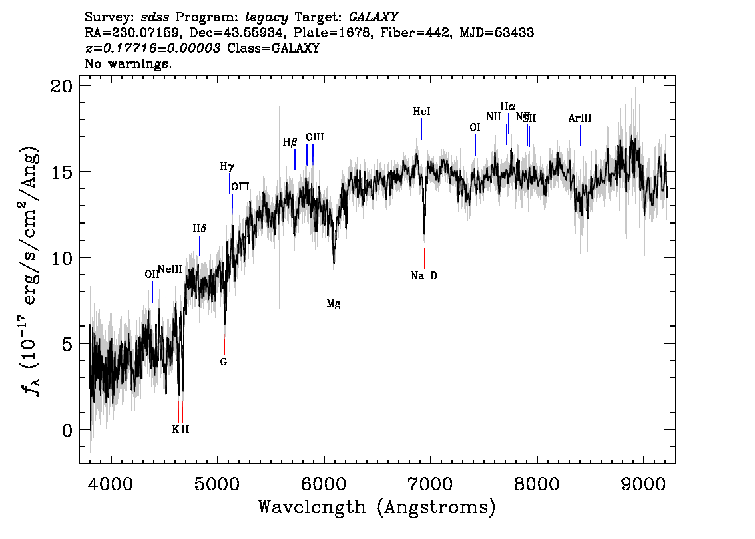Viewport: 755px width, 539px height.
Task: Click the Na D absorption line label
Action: (423, 276)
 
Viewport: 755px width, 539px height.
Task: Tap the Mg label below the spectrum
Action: (334, 304)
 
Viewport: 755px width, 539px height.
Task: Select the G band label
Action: (224, 362)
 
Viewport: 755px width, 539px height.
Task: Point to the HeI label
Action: (421, 112)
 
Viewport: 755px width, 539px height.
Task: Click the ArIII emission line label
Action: (580, 118)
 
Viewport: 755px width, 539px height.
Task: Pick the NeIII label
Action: (170, 269)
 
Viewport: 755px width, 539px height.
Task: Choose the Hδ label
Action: (200, 228)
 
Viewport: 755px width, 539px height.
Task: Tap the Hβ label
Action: (290, 142)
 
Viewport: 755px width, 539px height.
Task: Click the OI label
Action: (475, 127)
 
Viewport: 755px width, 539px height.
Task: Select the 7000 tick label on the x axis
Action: (431, 482)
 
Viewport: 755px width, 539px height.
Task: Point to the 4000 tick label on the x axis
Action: (111, 482)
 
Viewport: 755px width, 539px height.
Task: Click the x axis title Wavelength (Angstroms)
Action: (377, 508)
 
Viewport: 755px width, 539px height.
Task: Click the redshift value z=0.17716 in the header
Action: (153, 49)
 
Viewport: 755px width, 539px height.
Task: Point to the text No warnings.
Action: (128, 64)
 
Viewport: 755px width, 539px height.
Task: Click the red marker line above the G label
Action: (224, 344)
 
